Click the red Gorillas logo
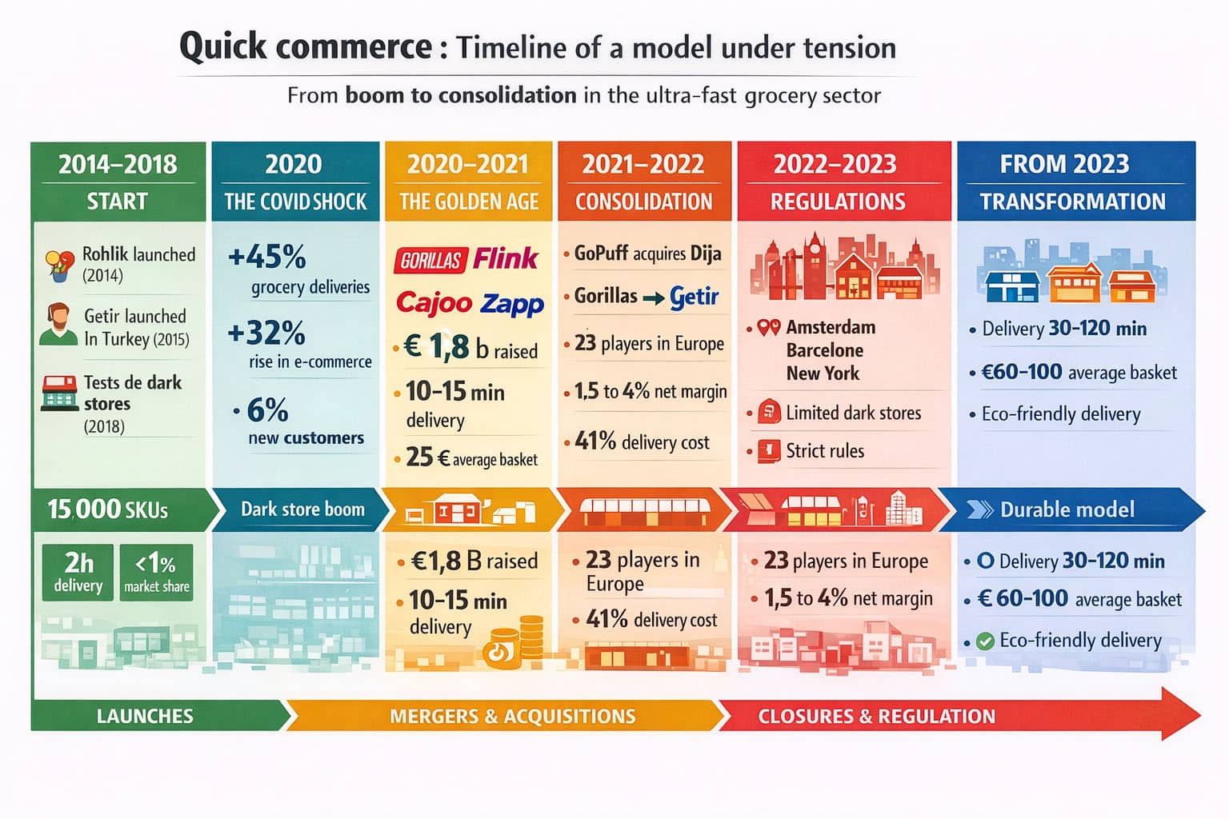tap(430, 260)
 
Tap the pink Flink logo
tap(506, 258)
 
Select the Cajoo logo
tap(434, 302)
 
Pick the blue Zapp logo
tap(512, 304)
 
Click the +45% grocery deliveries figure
tap(267, 258)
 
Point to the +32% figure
tap(266, 333)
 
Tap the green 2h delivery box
tap(78, 571)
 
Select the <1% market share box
tap(157, 571)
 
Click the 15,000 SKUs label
tap(108, 509)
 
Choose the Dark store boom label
tap(302, 509)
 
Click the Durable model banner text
tap(1067, 509)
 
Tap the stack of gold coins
tap(528, 637)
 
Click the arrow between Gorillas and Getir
tap(654, 298)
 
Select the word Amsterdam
tap(831, 327)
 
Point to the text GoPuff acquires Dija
tap(647, 254)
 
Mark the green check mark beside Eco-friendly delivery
tap(986, 641)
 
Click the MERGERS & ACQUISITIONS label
tap(512, 716)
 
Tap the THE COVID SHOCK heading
tap(295, 202)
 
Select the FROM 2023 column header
tap(1064, 164)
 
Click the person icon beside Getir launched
tap(58, 324)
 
